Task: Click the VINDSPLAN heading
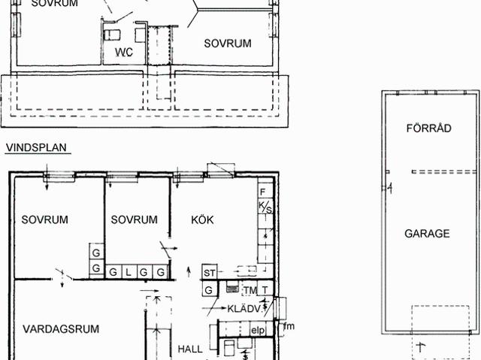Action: (36, 147)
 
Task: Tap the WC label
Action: (124, 52)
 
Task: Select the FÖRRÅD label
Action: (429, 128)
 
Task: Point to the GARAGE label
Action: (427, 234)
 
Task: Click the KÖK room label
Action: (202, 219)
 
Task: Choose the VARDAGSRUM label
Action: (61, 329)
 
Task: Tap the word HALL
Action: (190, 349)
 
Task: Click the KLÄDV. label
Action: (244, 309)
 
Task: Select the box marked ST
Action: (210, 272)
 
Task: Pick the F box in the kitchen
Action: (265, 191)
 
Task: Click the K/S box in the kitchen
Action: (265, 206)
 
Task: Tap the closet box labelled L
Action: (129, 272)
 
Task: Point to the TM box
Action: (250, 290)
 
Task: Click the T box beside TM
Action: (265, 289)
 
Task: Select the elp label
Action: (258, 330)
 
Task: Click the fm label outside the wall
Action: (289, 326)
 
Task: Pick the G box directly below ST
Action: (209, 289)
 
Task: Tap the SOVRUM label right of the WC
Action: (228, 44)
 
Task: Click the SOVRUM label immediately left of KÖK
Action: (134, 219)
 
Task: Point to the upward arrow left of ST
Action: (189, 271)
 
